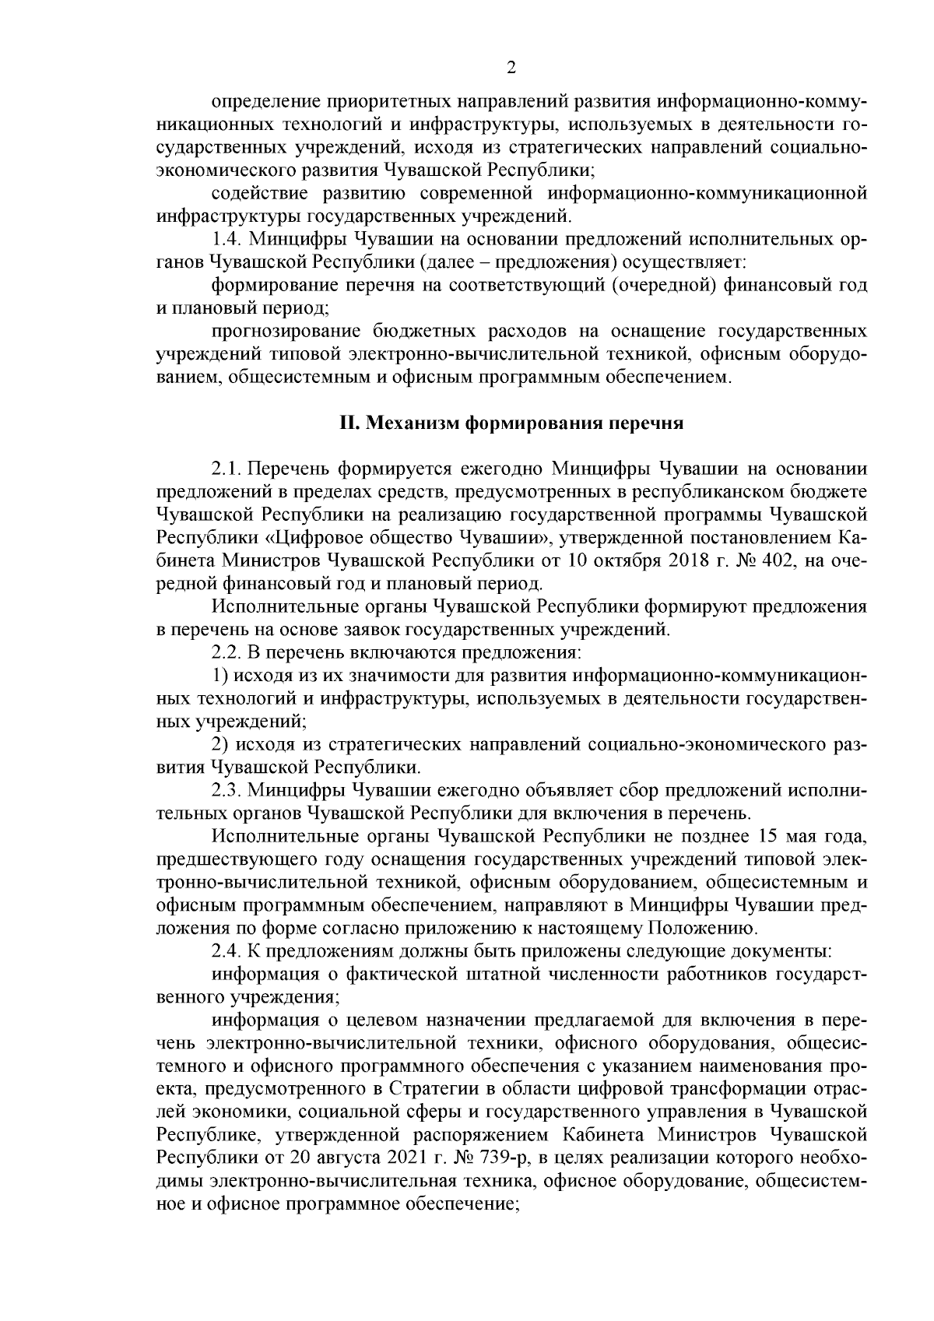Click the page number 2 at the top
pos(511,68)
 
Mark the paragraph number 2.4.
pos(226,951)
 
